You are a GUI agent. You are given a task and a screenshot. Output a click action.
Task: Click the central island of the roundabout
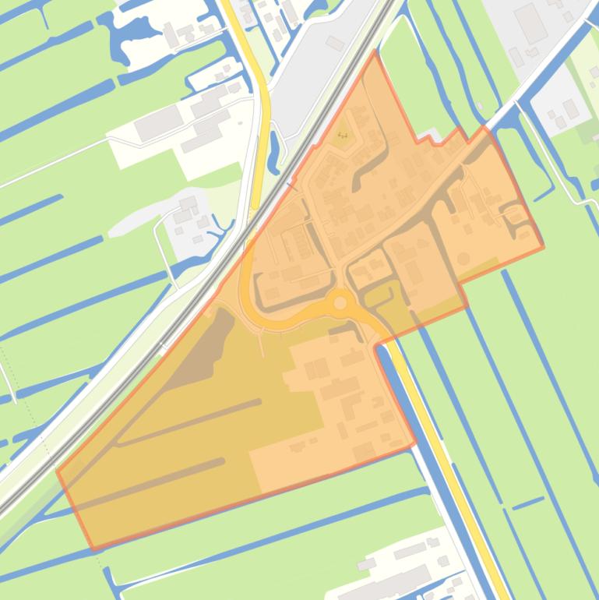340,302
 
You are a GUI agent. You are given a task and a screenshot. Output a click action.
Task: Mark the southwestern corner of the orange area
93,549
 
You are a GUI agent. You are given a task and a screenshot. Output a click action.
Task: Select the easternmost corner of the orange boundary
543,248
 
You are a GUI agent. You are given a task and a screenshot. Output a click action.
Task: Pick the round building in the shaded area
463,258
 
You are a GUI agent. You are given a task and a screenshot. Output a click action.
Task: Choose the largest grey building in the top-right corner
530,23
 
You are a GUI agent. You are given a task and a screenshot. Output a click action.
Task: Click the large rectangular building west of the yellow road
158,123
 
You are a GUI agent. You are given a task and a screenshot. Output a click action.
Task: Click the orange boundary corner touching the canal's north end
376,345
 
